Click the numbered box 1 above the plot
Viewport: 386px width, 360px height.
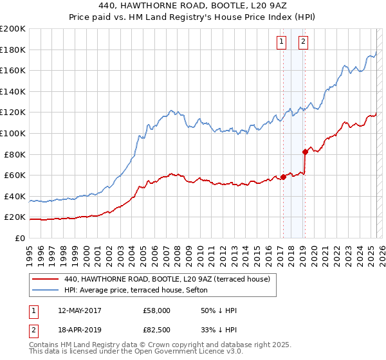282,43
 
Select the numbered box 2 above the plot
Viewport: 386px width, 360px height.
303,43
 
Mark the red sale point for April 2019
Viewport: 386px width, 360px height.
305,152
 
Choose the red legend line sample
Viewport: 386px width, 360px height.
46,279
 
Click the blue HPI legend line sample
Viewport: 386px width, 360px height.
46,290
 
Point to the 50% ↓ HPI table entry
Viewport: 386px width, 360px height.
219,310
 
